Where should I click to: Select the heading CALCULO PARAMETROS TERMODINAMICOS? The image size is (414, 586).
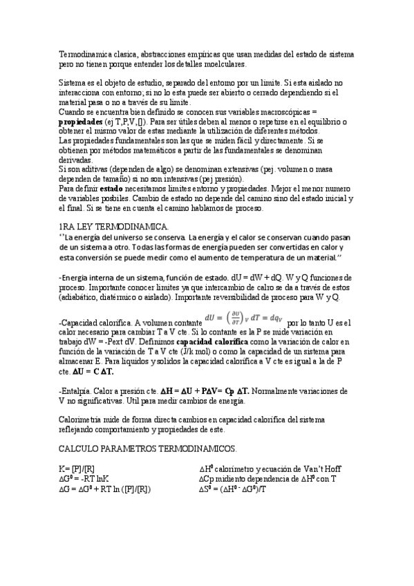[147, 448]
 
